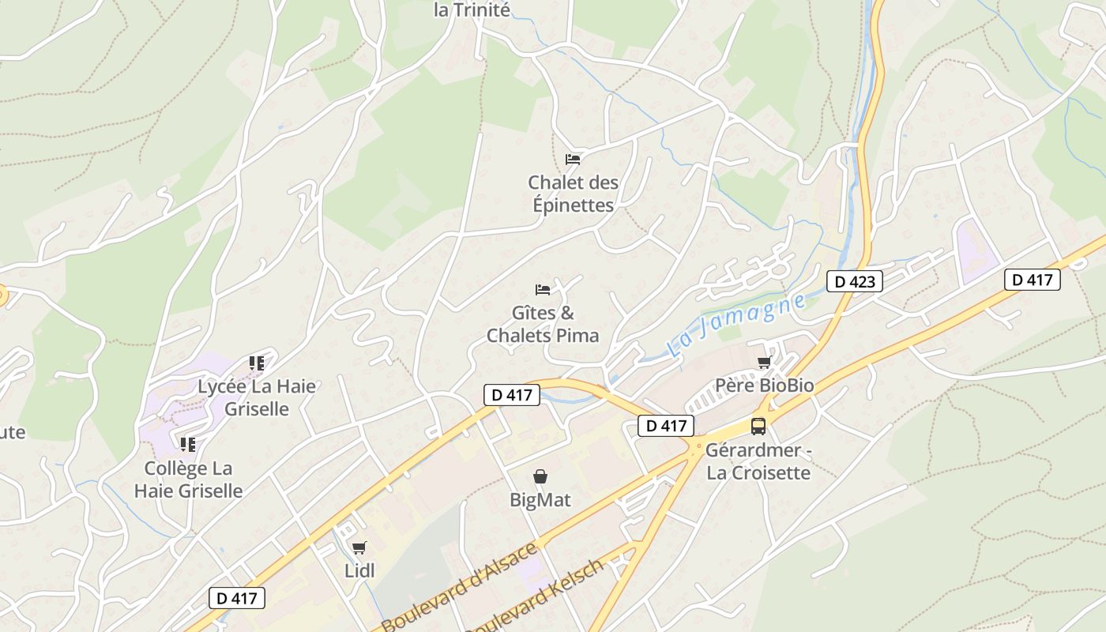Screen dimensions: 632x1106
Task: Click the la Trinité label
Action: tap(472, 9)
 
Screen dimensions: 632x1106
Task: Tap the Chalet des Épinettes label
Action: tap(573, 194)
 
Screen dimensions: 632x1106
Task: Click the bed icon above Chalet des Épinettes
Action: tap(573, 159)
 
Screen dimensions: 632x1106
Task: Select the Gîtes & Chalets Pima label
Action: tap(543, 324)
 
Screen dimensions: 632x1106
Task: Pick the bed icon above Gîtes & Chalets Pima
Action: tap(543, 289)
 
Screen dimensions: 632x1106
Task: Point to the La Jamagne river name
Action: tap(737, 325)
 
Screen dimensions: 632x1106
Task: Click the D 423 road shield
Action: tap(854, 281)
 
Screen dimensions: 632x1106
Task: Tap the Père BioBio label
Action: tap(764, 386)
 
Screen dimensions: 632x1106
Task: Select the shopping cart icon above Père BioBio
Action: tap(764, 363)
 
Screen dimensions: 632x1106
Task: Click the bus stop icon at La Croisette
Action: tap(758, 427)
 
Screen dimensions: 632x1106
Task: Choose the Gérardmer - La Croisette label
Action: tap(758, 461)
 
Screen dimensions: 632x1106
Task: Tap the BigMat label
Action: tap(540, 500)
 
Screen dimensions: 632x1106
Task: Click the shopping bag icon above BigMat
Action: tap(540, 476)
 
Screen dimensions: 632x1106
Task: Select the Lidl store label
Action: tap(359, 570)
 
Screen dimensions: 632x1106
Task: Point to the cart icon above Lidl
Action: tap(359, 547)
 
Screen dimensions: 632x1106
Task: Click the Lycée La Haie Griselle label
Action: tap(257, 397)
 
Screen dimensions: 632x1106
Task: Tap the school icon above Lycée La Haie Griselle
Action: tap(257, 363)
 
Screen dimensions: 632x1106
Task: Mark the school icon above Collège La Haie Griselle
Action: tap(188, 445)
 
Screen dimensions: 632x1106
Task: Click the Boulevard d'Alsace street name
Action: tap(459, 586)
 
